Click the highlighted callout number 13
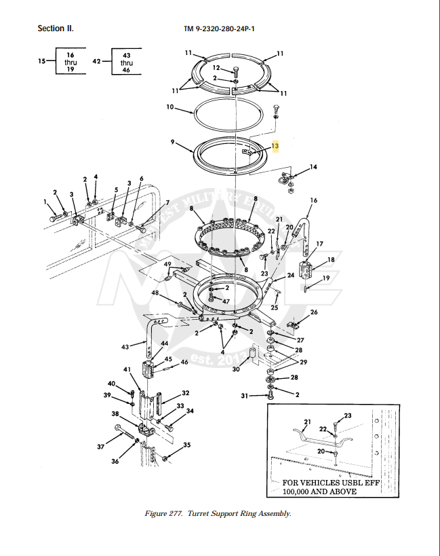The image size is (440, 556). coord(275,146)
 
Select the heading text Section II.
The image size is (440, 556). coord(56,29)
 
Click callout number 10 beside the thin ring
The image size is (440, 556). coord(171,107)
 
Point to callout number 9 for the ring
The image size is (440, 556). coord(173,142)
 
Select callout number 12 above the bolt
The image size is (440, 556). coord(216,68)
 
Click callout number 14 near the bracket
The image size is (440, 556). coord(313,166)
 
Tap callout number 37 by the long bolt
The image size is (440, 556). coord(101,447)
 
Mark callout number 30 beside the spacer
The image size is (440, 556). coord(236,369)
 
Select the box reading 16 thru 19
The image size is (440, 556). coord(71,62)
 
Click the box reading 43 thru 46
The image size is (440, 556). coord(126,62)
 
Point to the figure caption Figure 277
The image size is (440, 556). coord(218,513)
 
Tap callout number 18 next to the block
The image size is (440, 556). coord(332,260)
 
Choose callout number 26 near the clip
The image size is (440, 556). coord(313,312)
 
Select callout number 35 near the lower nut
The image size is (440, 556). coord(186,445)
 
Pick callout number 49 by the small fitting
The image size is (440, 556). coord(167,264)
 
